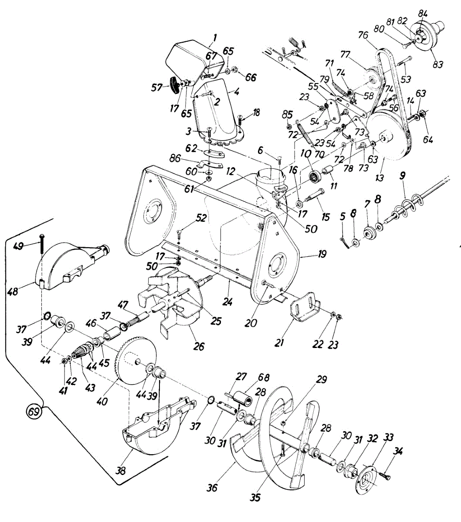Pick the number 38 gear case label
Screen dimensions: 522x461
pyautogui.click(x=121, y=470)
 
